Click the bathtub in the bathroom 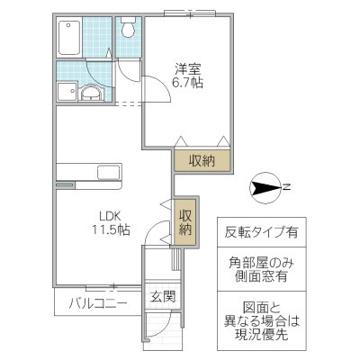tap(70, 38)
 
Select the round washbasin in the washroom tap(91, 93)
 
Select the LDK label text tap(111, 216)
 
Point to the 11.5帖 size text tap(111, 230)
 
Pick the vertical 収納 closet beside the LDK tap(184, 222)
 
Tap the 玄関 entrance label tap(162, 298)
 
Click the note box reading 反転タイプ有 tap(262, 231)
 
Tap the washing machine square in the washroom tap(66, 93)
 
